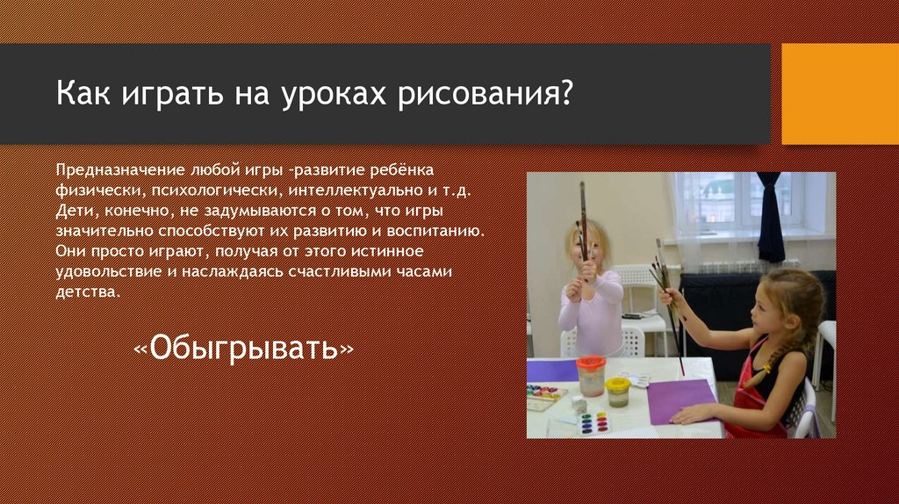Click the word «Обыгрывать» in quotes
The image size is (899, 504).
(x=243, y=348)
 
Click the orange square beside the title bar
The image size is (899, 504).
(x=840, y=93)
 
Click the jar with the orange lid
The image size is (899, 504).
(x=591, y=375)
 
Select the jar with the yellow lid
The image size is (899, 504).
(x=618, y=391)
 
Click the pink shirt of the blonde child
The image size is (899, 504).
(x=592, y=312)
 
